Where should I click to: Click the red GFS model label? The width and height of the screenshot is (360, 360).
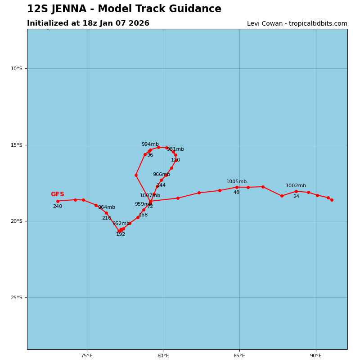57,194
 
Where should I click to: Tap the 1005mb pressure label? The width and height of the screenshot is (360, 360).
236,182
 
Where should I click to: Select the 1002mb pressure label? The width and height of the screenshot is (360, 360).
296,186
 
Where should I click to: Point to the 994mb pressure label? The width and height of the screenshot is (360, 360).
150,144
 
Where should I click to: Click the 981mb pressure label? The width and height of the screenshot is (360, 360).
175,149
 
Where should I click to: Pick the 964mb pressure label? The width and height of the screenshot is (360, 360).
107,207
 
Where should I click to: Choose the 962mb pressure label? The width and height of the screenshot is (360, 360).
121,224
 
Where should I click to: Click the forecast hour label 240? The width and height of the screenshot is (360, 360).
58,207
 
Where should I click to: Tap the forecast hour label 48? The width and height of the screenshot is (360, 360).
236,193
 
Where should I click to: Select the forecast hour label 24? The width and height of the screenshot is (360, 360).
296,197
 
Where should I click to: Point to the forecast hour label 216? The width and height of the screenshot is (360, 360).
106,218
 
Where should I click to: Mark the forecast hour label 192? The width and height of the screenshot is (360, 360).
121,234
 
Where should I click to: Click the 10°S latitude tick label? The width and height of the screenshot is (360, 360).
17,68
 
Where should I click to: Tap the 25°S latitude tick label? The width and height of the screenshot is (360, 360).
17,297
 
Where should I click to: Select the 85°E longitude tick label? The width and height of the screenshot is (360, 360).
239,356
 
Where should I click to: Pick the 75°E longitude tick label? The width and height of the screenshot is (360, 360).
87,356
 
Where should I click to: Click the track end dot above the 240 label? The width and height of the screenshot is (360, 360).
58,201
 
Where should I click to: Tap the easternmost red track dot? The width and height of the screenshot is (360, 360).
332,200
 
